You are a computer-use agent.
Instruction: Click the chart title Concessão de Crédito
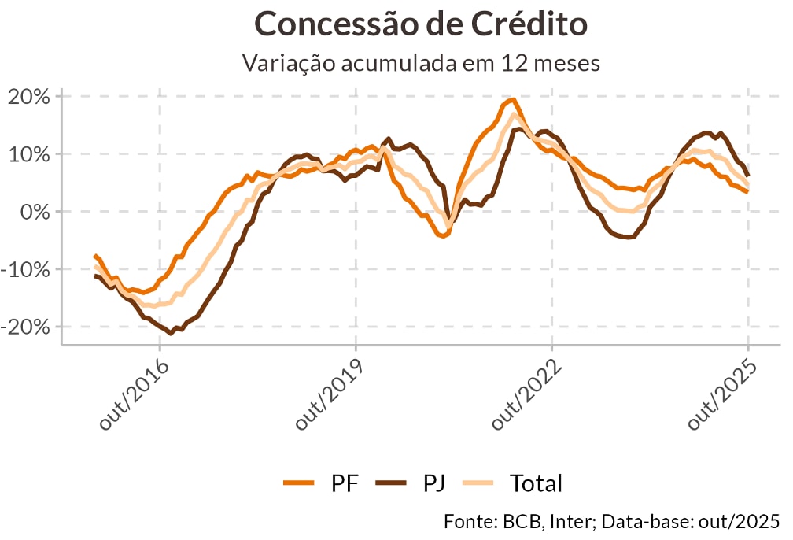click(421, 24)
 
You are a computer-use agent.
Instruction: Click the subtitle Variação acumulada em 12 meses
click(421, 63)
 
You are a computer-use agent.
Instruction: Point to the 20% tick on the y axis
click(29, 97)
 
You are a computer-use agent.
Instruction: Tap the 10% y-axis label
click(29, 154)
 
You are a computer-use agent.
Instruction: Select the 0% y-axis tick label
click(35, 212)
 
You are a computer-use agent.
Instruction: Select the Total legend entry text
click(536, 483)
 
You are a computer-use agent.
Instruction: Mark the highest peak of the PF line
click(513, 99)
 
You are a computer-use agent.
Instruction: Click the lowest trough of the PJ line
click(171, 333)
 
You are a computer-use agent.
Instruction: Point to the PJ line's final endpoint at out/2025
click(747, 175)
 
